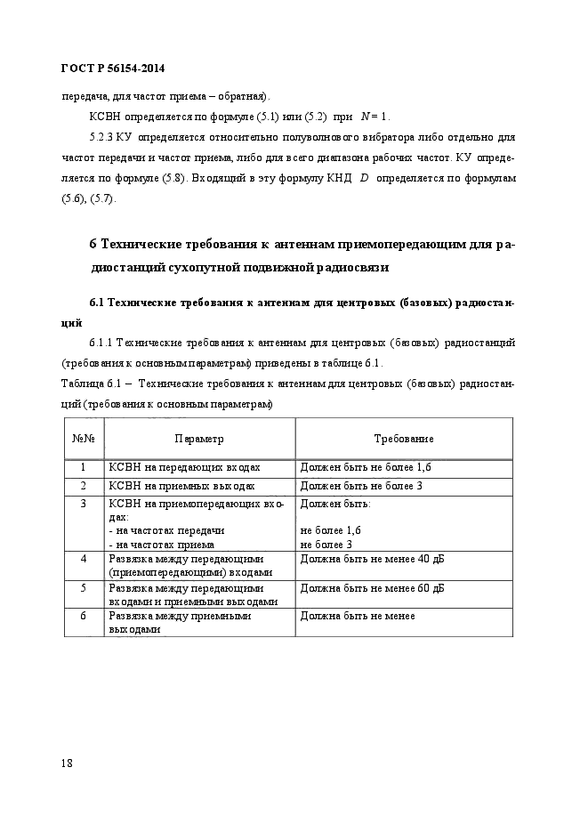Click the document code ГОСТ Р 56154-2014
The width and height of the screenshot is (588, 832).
click(113, 69)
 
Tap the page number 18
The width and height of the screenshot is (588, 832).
click(68, 763)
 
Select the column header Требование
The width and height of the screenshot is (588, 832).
click(403, 439)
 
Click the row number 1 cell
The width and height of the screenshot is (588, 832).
click(83, 467)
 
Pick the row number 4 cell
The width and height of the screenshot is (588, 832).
click(83, 559)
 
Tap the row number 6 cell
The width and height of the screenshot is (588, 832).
click(83, 615)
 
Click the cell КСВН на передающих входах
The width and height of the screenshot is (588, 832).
click(184, 467)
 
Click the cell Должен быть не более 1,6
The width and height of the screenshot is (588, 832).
click(371, 467)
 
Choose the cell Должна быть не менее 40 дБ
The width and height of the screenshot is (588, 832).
click(372, 559)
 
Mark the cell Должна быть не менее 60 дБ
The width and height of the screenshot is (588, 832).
click(372, 588)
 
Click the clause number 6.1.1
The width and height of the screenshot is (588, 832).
click(103, 343)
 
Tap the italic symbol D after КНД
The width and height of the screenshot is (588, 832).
click(363, 179)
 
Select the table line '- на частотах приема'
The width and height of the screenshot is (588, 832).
click(161, 544)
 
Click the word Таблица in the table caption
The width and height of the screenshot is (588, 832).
click(82, 384)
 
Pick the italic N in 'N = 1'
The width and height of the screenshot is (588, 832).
click(364, 117)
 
